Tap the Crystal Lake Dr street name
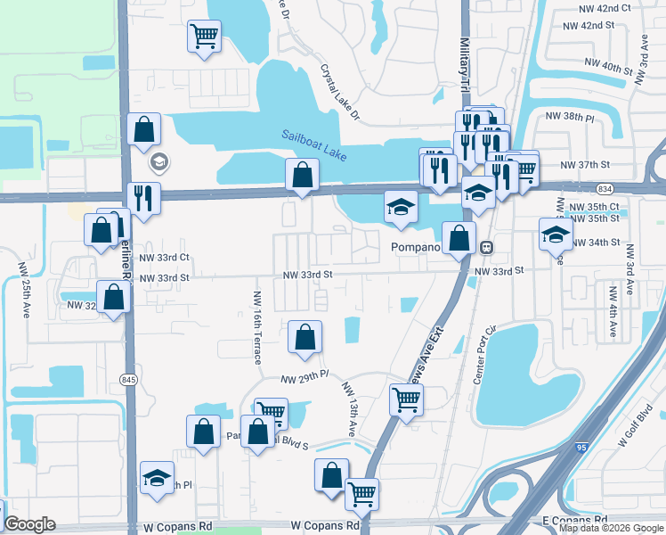click(x=342, y=93)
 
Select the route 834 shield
click(x=605, y=189)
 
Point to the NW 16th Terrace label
click(x=257, y=327)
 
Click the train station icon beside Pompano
click(x=486, y=247)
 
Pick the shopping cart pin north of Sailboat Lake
click(x=204, y=37)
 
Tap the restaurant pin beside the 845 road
click(x=142, y=197)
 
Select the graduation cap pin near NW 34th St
click(x=556, y=235)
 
